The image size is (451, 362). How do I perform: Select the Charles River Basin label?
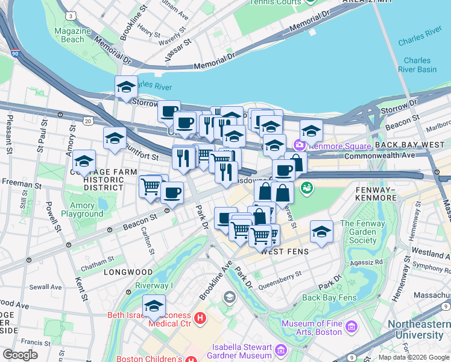pos(417,65)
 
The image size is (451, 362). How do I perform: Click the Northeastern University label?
pos(418,329)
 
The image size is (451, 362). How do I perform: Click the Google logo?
pos(20,355)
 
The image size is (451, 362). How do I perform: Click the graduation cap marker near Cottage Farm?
pos(84,162)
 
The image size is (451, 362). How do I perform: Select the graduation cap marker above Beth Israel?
pos(154,306)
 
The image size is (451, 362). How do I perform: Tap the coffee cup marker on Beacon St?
pos(172,193)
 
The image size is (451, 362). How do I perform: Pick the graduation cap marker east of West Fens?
pos(321,232)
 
